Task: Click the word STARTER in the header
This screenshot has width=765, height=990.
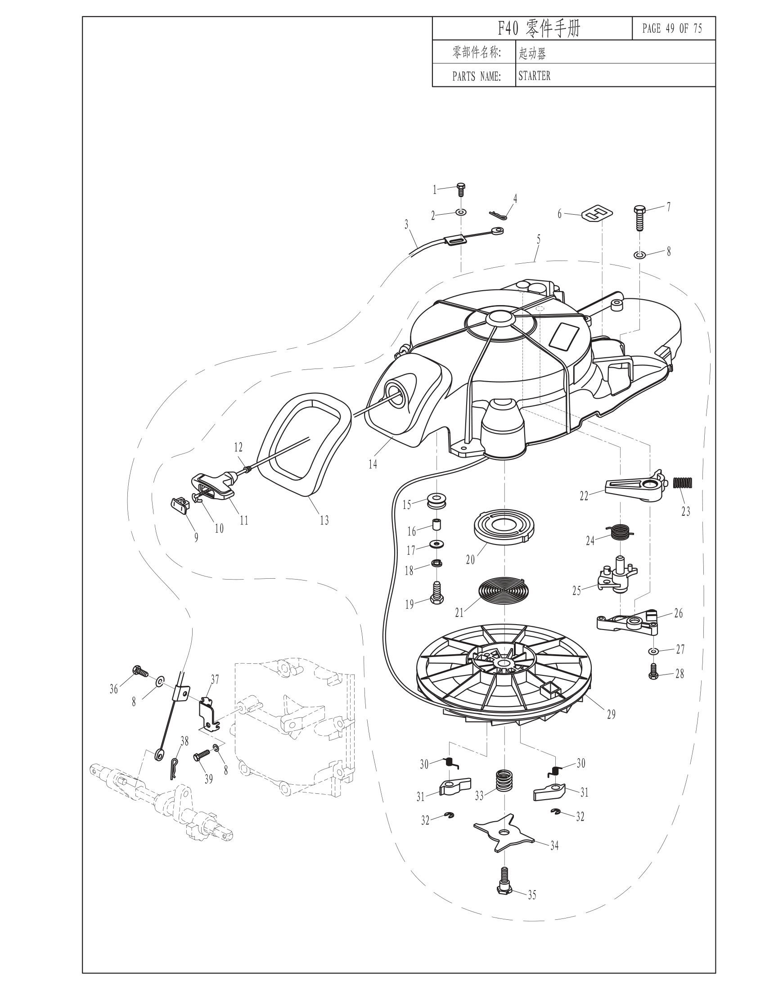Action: (x=534, y=76)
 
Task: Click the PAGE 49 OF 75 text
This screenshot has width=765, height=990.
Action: (x=672, y=28)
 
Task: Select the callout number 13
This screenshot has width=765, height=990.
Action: (x=324, y=520)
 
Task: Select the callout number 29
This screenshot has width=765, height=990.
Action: (x=612, y=715)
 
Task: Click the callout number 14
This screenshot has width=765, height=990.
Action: (x=373, y=464)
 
